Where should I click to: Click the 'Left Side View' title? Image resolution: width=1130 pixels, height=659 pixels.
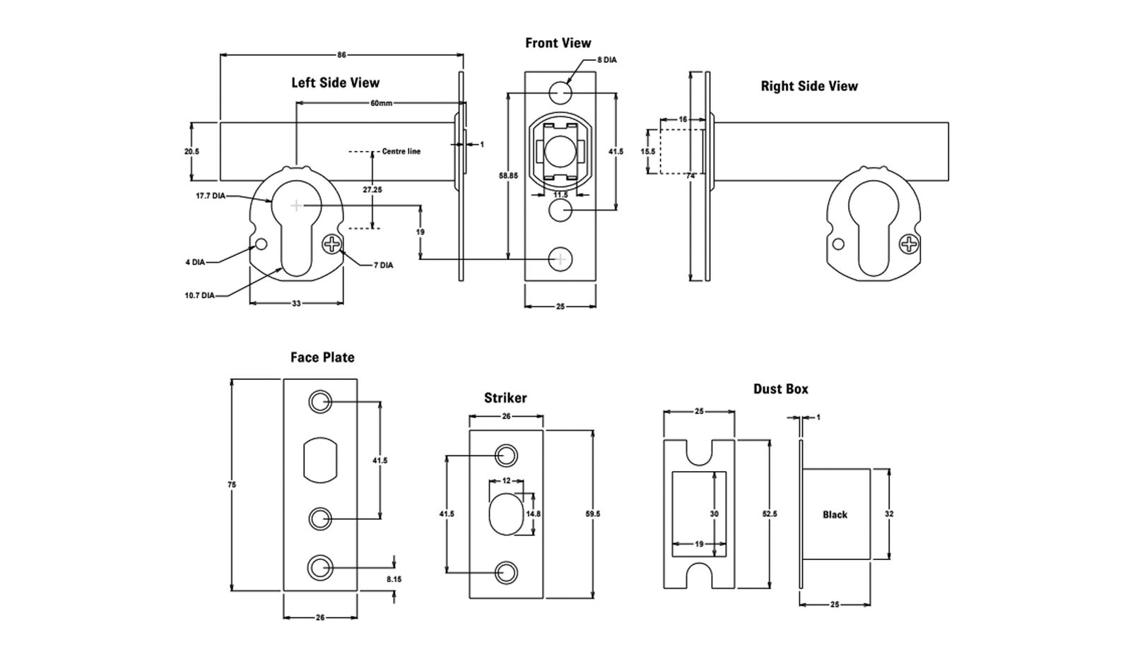[335, 83]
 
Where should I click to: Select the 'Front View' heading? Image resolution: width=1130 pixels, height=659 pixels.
[558, 43]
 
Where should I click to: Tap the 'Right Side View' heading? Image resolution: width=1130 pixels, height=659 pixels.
[808, 86]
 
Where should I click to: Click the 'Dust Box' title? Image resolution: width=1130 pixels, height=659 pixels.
[780, 389]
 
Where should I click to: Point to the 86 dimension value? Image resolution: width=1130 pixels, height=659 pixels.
[342, 55]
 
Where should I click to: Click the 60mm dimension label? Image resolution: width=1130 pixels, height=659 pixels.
[381, 103]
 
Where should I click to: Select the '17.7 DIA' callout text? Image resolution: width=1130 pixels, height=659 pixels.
[210, 196]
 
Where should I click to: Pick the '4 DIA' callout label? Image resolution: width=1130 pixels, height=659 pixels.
[195, 262]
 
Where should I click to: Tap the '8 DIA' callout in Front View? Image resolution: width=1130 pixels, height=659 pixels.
[606, 60]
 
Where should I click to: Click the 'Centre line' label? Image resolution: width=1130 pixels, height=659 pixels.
[401, 151]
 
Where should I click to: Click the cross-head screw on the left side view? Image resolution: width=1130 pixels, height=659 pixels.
[331, 245]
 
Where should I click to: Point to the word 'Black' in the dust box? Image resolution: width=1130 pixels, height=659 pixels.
[835, 515]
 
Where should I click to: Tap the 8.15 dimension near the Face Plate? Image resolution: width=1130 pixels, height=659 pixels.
[394, 579]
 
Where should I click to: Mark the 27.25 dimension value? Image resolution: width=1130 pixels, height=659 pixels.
[372, 190]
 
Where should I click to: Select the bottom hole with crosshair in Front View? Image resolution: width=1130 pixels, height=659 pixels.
[560, 259]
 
